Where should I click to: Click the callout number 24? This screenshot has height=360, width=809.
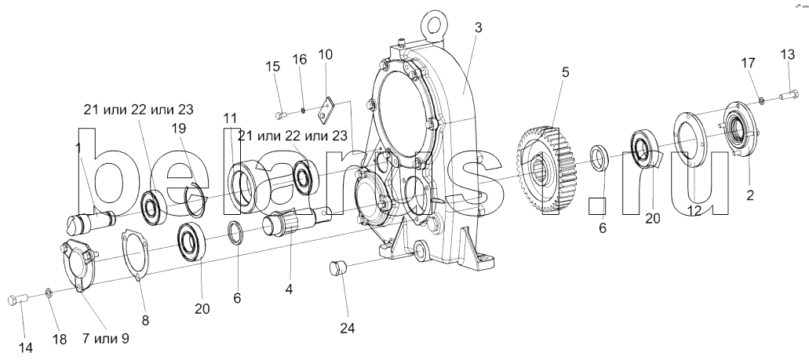[348, 329]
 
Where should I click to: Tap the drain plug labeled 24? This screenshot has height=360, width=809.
[337, 268]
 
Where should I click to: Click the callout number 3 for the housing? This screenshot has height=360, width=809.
[479, 28]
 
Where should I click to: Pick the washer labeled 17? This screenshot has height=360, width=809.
[763, 99]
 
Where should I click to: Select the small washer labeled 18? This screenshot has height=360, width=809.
[48, 293]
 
